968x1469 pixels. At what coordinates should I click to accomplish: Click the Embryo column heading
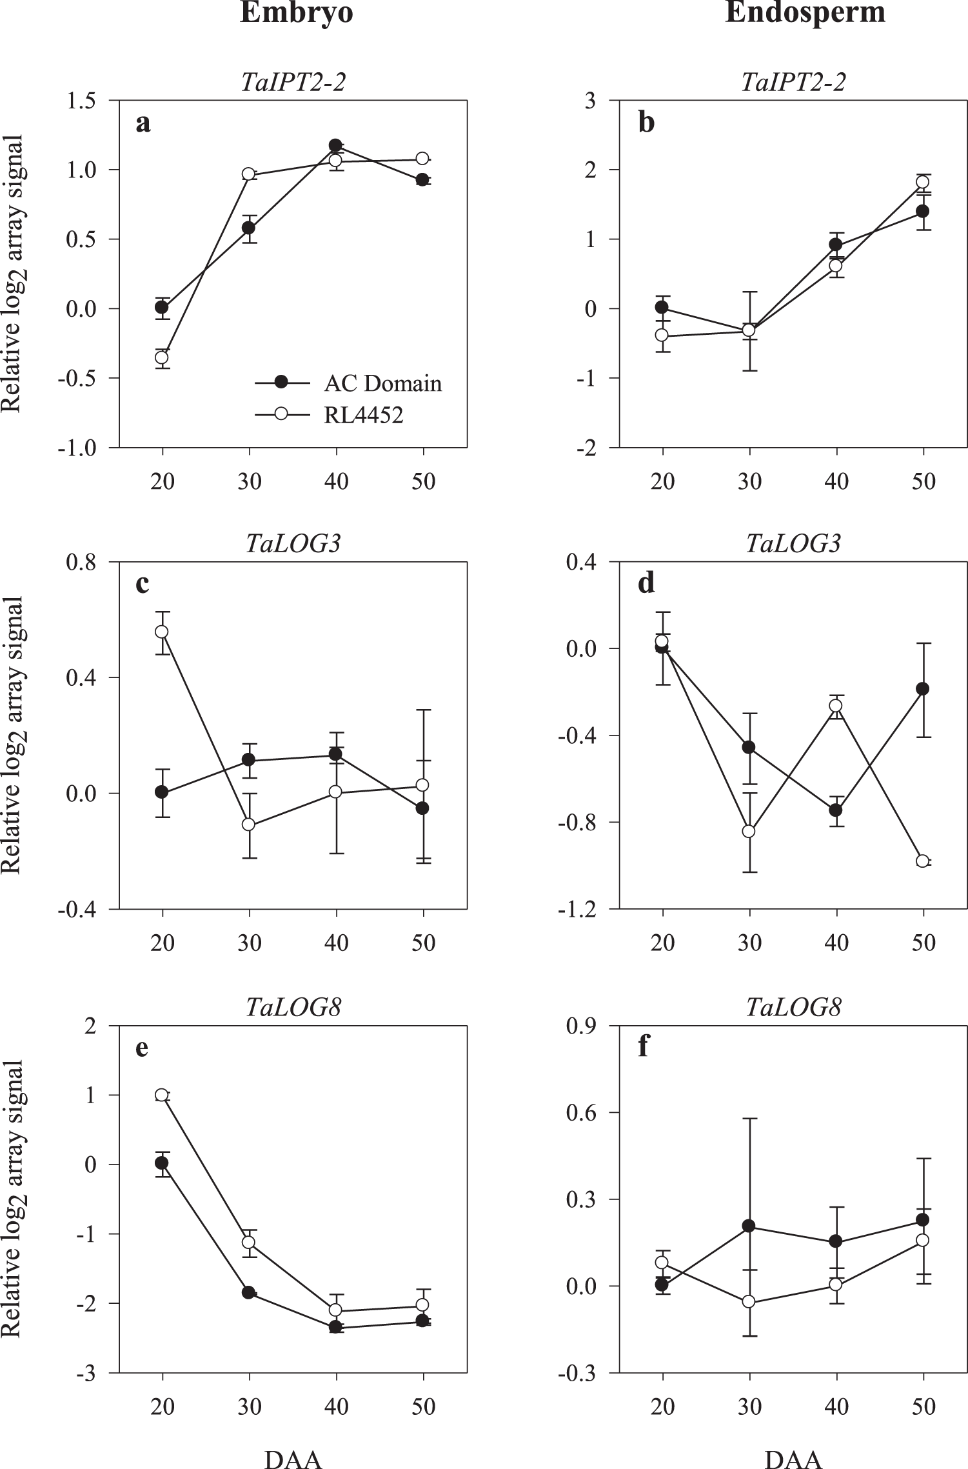(296, 14)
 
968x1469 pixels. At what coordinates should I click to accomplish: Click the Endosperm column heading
(804, 14)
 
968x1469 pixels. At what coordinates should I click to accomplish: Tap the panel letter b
(646, 123)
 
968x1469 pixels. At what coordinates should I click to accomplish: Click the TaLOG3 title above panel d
(793, 544)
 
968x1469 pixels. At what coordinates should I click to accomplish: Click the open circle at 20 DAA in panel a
(163, 357)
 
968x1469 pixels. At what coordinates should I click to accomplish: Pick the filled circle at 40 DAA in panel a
(335, 145)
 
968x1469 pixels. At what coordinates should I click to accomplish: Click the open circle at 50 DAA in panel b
(923, 182)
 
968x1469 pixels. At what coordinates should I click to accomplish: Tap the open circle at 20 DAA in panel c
(163, 632)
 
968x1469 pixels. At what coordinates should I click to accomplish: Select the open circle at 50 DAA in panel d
(923, 861)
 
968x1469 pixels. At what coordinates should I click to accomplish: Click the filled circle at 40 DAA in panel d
(836, 810)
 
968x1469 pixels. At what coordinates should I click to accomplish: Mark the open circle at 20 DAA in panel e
(163, 1095)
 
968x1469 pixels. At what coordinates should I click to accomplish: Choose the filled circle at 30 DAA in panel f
(749, 1226)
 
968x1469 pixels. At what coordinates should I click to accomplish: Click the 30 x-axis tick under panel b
(749, 481)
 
